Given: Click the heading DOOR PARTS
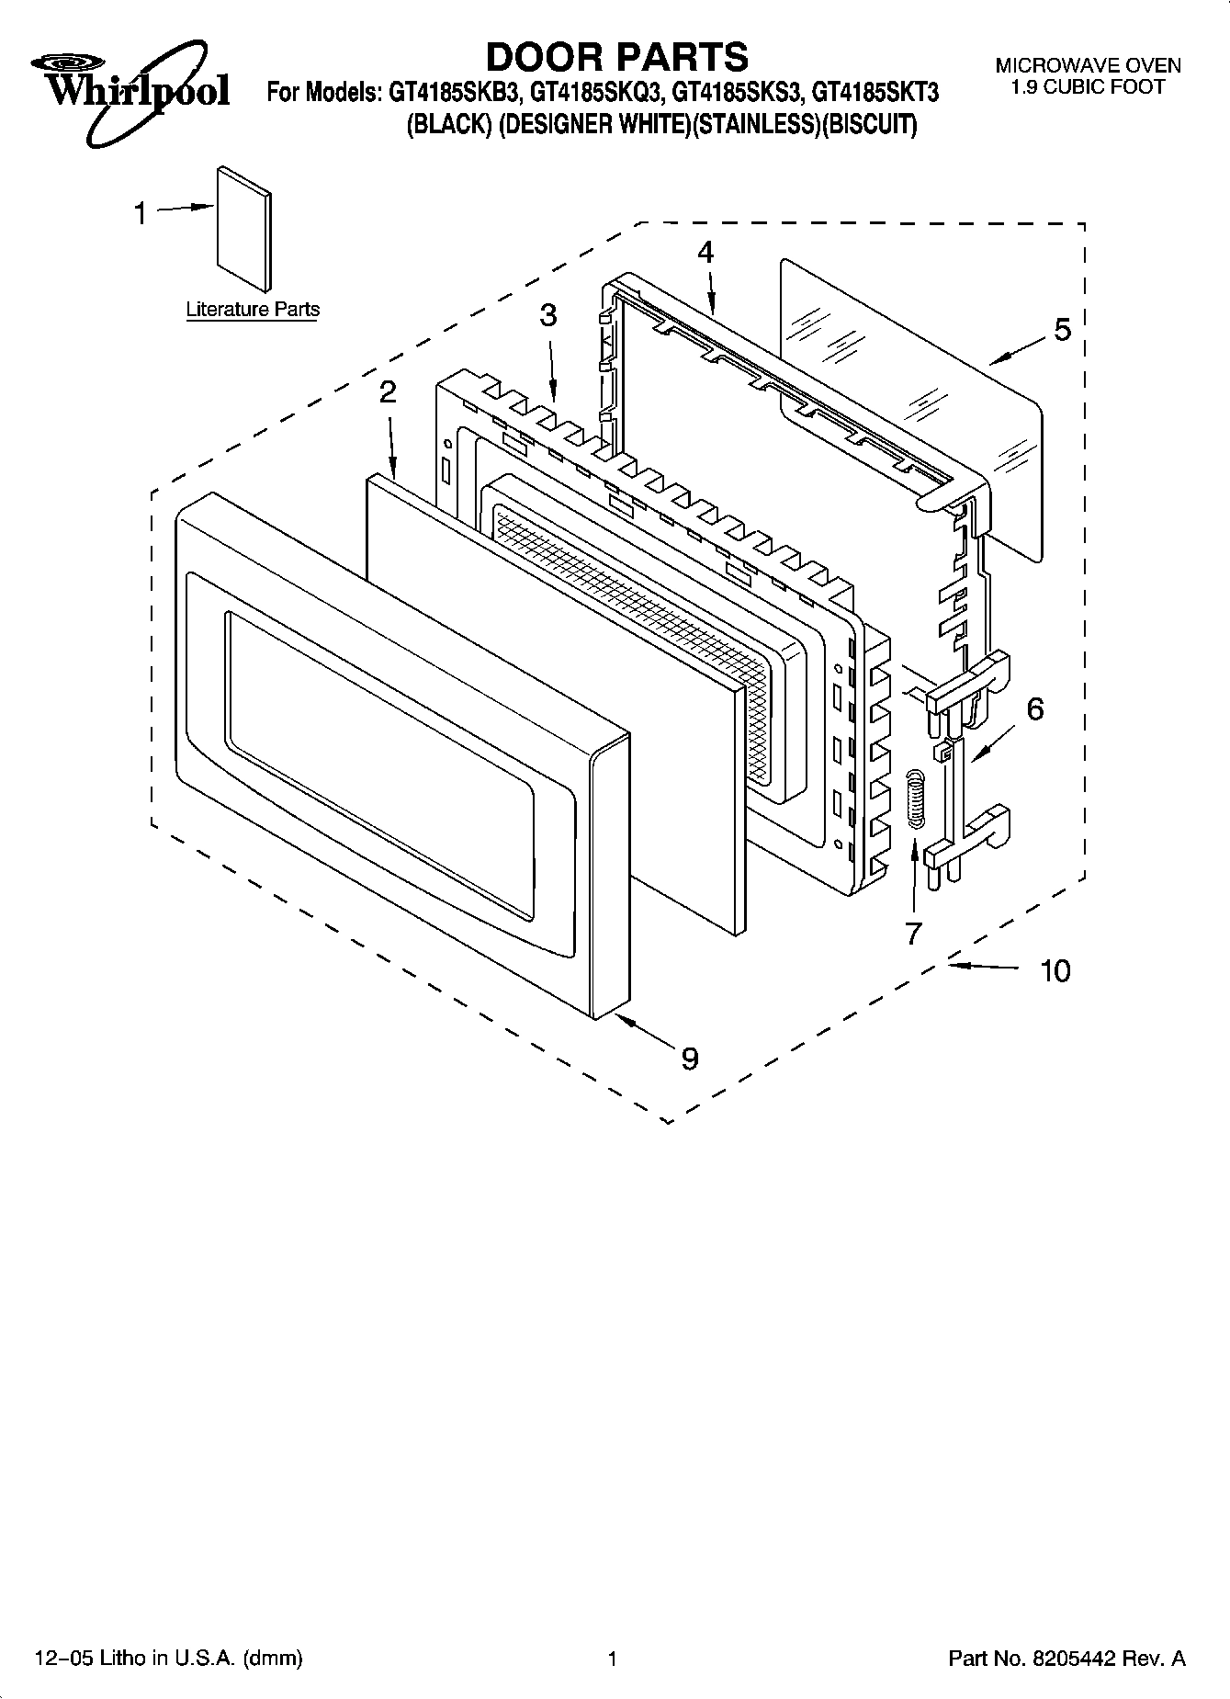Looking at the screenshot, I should tap(616, 57).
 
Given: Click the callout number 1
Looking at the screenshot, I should tap(140, 214).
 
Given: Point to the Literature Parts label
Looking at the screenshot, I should tap(253, 310).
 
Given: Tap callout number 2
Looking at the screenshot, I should tap(388, 392).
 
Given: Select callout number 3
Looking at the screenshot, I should tap(547, 316).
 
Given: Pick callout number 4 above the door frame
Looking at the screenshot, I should tap(705, 252).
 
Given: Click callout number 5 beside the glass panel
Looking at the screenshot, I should tap(1062, 329).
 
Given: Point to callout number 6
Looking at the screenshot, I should tap(1034, 708).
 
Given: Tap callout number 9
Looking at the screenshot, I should tap(689, 1059).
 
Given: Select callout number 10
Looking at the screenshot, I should tap(1055, 970).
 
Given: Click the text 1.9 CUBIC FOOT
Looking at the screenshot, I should tap(1088, 87).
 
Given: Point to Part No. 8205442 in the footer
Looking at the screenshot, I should tap(1066, 1659).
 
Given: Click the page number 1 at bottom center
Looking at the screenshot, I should tap(611, 1659).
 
